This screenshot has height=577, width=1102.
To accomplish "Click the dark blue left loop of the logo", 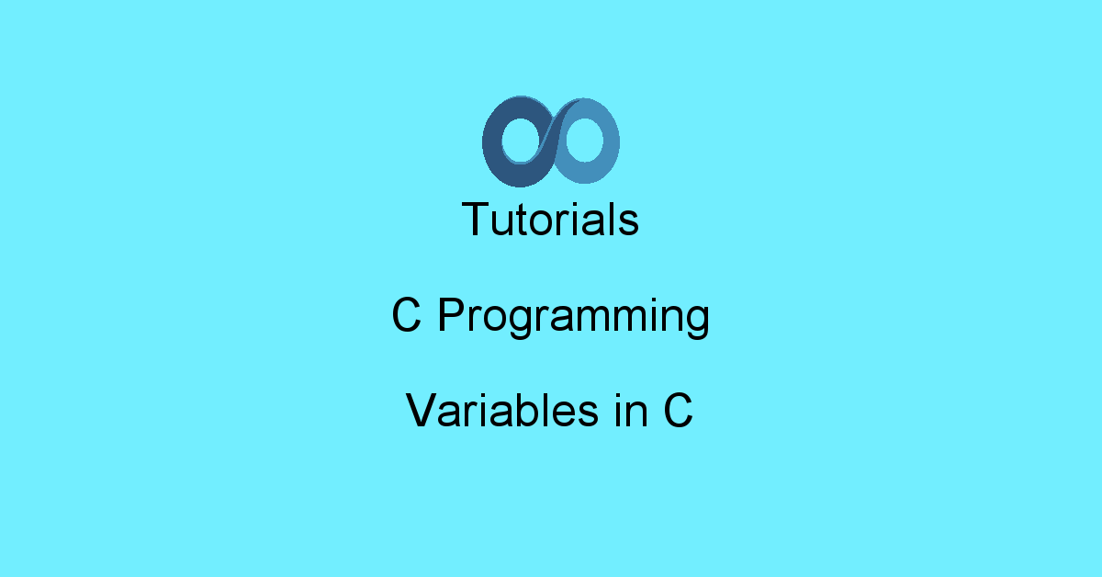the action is click(492, 142).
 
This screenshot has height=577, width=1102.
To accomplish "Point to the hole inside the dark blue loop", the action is click(521, 140).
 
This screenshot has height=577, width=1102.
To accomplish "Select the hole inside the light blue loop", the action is click(584, 140).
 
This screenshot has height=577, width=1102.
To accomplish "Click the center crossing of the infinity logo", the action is click(552, 141).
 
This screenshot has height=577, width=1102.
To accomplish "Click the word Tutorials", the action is click(550, 219).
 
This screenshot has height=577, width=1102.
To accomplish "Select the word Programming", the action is click(574, 317).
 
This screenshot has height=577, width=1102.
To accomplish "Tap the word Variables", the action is click(501, 410).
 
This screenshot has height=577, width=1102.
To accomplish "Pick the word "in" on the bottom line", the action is click(631, 411).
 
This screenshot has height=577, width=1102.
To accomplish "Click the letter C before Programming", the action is click(406, 314).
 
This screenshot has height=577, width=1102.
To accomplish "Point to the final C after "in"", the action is click(678, 410).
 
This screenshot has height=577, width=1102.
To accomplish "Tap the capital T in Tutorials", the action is click(476, 219).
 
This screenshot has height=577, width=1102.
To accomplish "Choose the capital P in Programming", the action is click(451, 314).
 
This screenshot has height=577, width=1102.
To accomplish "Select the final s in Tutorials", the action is click(628, 224).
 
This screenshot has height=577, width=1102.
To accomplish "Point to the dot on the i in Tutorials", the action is click(579, 204).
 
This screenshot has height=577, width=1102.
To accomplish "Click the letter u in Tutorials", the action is click(503, 224).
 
